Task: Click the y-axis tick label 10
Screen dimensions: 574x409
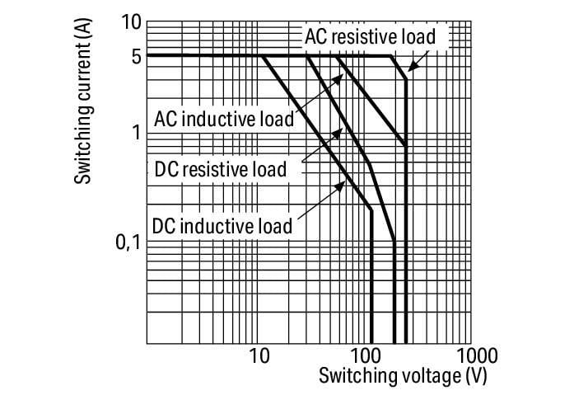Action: [131, 23]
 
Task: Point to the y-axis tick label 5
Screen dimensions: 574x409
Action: [136, 56]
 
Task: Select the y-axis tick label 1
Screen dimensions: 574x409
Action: [137, 133]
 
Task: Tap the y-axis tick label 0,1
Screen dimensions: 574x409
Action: [128, 242]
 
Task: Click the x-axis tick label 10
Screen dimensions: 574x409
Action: [259, 355]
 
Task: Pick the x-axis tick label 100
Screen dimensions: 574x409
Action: [366, 355]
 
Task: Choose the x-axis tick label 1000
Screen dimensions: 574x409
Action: [477, 355]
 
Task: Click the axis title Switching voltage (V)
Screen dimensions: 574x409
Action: [403, 376]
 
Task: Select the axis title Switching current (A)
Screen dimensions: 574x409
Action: [82, 101]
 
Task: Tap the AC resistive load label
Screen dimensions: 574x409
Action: [370, 36]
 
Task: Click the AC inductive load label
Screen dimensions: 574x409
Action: [224, 119]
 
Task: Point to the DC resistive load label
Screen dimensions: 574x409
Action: [221, 170]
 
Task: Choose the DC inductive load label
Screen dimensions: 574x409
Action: [222, 226]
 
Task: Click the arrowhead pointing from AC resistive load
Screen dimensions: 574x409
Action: [412, 67]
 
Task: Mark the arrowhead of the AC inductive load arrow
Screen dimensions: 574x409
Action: [339, 78]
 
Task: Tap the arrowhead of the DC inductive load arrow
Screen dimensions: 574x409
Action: [341, 186]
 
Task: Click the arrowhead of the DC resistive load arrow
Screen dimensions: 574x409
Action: [338, 132]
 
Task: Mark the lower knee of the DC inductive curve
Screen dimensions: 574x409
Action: [371, 210]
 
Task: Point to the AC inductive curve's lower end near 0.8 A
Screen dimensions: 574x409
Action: [406, 146]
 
